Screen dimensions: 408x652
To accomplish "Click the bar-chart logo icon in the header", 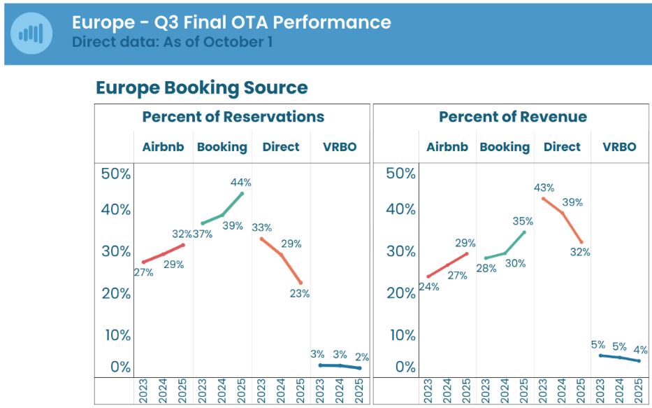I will pyautogui.click(x=31, y=33).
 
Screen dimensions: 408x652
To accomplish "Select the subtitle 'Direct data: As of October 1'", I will pyautogui.click(x=172, y=41).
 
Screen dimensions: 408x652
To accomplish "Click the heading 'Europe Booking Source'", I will pyautogui.click(x=201, y=87).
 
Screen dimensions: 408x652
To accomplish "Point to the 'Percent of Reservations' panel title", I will pyautogui.click(x=233, y=117).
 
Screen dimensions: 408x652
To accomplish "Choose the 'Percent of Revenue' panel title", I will pyautogui.click(x=512, y=117).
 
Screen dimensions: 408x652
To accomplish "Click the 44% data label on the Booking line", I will pyautogui.click(x=240, y=183).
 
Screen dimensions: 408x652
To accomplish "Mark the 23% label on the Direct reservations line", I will pyautogui.click(x=299, y=294).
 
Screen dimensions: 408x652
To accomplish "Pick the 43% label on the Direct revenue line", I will pyautogui.click(x=544, y=188).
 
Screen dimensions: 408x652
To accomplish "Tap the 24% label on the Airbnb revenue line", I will pyautogui.click(x=428, y=286).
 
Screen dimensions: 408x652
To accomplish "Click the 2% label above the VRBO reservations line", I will pyautogui.click(x=362, y=357).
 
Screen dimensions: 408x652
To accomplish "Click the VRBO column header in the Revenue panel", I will pyautogui.click(x=619, y=147).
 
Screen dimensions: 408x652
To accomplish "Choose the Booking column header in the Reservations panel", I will pyautogui.click(x=222, y=147).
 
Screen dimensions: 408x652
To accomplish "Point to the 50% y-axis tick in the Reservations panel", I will pyautogui.click(x=117, y=174).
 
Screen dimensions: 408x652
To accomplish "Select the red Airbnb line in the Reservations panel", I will pyautogui.click(x=163, y=253).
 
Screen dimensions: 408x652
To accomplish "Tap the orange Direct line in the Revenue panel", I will pyautogui.click(x=563, y=218).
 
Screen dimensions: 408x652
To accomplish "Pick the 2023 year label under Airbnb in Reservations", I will pyautogui.click(x=143, y=391).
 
